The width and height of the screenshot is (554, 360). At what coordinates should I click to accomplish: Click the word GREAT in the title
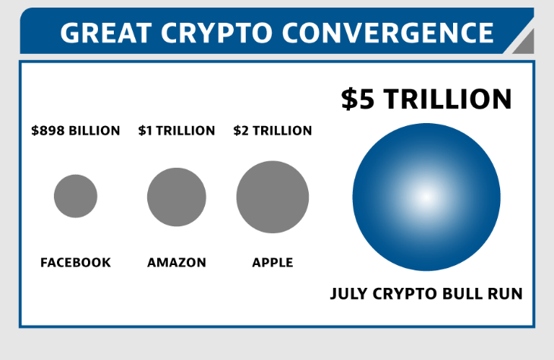click(x=106, y=33)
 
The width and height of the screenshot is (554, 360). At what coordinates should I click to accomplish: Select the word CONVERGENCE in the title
click(x=388, y=33)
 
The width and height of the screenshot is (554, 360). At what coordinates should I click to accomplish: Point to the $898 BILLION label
click(x=76, y=131)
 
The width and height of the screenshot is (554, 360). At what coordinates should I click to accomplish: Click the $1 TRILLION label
click(x=176, y=131)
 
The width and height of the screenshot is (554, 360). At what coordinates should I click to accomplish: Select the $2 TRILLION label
click(x=272, y=131)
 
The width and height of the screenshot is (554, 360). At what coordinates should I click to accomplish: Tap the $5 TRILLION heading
click(x=427, y=99)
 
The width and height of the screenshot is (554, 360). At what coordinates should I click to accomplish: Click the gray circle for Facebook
click(x=76, y=196)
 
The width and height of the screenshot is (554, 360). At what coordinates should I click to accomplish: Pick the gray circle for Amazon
click(x=177, y=197)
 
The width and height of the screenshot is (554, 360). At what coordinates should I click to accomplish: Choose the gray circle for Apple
click(x=272, y=197)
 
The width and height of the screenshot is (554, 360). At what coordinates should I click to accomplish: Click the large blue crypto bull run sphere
click(x=427, y=197)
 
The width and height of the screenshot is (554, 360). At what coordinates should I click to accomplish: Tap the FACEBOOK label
click(x=76, y=262)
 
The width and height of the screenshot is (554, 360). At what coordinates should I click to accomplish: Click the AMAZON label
click(x=177, y=262)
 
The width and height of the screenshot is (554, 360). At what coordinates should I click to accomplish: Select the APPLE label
click(x=272, y=262)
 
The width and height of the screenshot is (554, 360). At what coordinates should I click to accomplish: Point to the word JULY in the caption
click(x=348, y=294)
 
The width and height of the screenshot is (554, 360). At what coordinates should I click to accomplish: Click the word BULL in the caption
click(x=461, y=294)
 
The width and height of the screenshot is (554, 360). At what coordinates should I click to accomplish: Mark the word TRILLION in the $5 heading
click(x=448, y=99)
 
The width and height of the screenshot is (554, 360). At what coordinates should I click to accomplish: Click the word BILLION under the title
click(x=94, y=131)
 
